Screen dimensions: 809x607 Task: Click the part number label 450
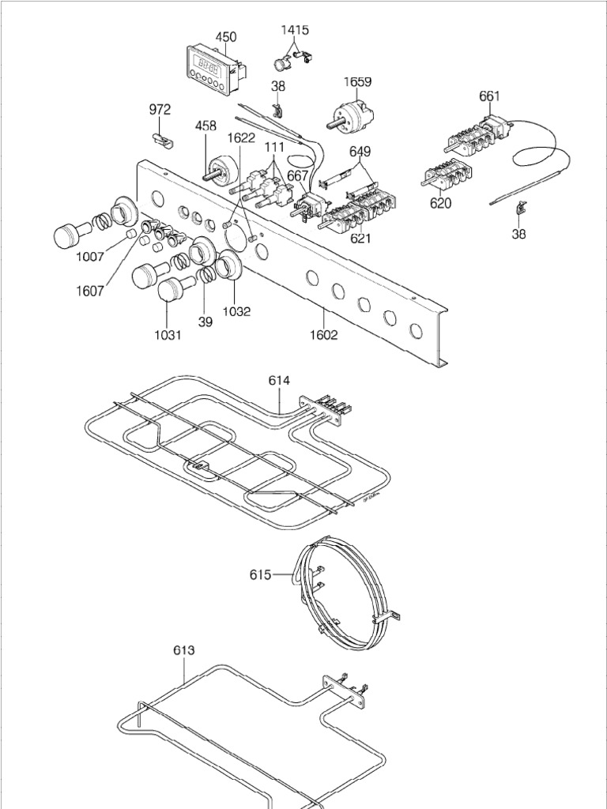coord(225,36)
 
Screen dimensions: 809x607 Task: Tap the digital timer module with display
coord(212,70)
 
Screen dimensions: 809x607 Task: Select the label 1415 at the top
coord(295,30)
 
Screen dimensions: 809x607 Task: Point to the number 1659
coord(357,81)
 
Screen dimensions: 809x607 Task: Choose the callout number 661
coord(489,96)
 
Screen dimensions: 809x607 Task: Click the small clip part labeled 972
coord(163,138)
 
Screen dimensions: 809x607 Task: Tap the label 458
coord(206,125)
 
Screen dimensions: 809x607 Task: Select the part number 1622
coord(241,137)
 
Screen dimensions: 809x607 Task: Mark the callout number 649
coord(360,151)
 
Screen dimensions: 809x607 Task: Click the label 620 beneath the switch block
coord(440,204)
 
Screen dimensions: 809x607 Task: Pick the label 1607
coord(90,290)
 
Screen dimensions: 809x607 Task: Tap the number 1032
coord(236,311)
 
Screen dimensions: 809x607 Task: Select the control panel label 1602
coord(324,334)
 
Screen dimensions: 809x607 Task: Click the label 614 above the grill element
coord(279,380)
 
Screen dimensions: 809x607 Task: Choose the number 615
coord(261,574)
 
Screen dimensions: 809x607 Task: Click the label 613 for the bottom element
coord(183,650)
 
